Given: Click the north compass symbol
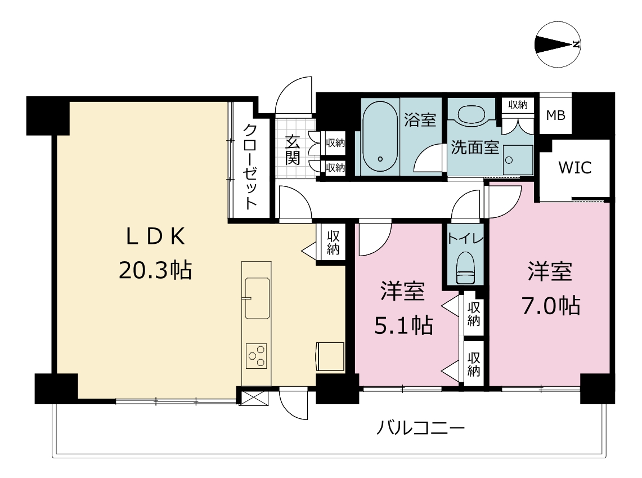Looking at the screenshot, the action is pyautogui.click(x=558, y=44).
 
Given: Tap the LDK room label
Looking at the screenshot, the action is pyautogui.click(x=156, y=236).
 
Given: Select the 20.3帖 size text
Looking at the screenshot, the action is pyautogui.click(x=156, y=270).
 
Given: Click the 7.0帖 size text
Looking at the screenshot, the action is pyautogui.click(x=551, y=306).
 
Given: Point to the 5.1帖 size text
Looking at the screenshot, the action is pyautogui.click(x=403, y=325).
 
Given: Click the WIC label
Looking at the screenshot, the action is pyautogui.click(x=575, y=168).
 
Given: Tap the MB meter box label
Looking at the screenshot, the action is pyautogui.click(x=555, y=115).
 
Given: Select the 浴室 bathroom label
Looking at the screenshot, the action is pyautogui.click(x=420, y=119).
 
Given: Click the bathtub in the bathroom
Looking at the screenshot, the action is pyautogui.click(x=380, y=136).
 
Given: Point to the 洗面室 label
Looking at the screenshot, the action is pyautogui.click(x=475, y=148).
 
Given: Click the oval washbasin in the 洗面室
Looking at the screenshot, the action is pyautogui.click(x=471, y=114).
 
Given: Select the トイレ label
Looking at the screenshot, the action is pyautogui.click(x=465, y=238).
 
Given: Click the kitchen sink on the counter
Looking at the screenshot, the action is pyautogui.click(x=257, y=298).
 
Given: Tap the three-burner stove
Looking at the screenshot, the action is pyautogui.click(x=257, y=356).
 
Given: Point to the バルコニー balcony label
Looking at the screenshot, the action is pyautogui.click(x=420, y=429).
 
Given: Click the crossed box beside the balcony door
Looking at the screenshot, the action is pyautogui.click(x=253, y=399).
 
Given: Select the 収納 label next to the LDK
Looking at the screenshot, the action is pyautogui.click(x=333, y=243).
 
